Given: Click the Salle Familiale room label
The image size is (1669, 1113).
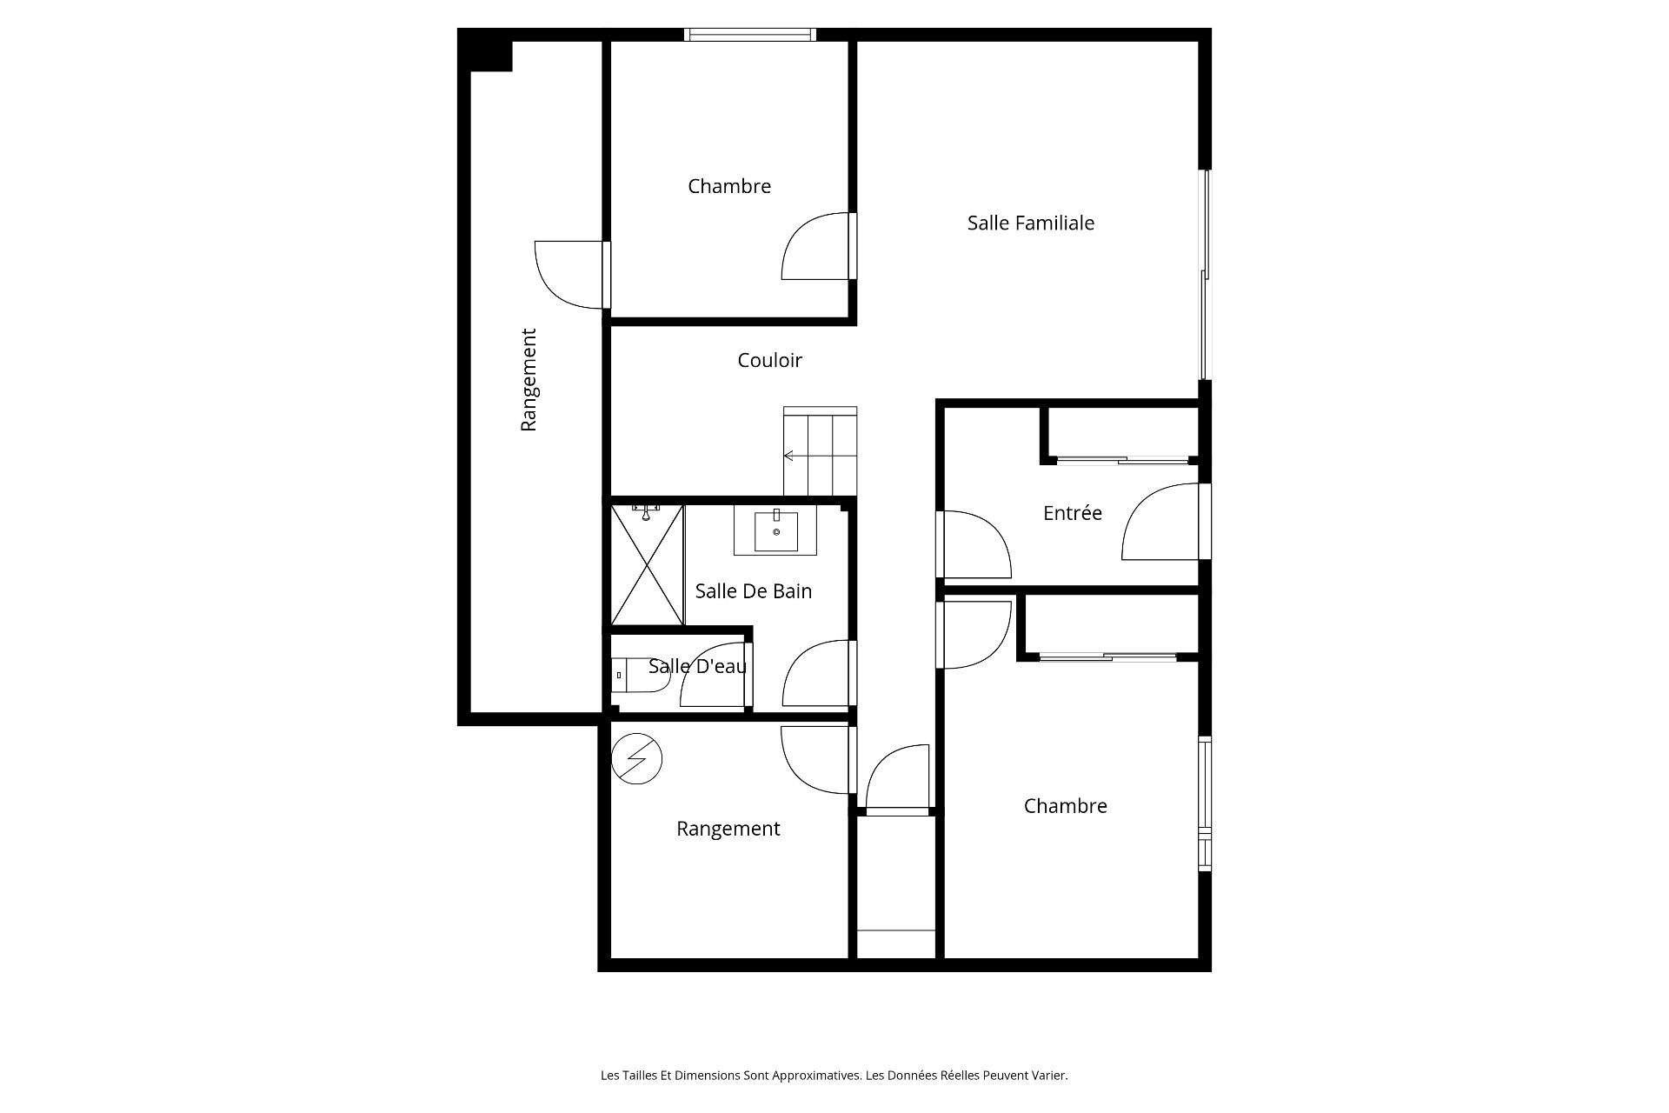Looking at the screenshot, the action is (1030, 223).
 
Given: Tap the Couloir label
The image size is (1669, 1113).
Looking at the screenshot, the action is (769, 360).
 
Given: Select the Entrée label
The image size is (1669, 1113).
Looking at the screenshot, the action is (1072, 513).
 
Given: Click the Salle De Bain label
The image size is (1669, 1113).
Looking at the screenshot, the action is (753, 591).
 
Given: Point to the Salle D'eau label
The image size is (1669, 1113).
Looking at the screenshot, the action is (697, 666).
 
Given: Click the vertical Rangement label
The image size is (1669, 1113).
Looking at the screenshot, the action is (529, 379).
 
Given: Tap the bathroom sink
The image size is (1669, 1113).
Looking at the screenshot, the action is (775, 530).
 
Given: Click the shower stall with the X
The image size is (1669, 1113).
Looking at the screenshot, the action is (647, 564).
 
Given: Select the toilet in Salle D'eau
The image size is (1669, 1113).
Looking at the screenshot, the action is (639, 675).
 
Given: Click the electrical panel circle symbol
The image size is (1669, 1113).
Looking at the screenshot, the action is (636, 759).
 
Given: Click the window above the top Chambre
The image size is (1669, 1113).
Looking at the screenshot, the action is (749, 35).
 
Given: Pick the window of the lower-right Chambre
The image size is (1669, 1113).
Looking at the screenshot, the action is (1205, 803).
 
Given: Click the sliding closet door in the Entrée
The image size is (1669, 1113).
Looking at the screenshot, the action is (1122, 459).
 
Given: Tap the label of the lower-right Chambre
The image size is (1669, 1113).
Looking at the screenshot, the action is (1065, 806).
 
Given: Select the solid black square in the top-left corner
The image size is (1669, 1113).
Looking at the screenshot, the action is (486, 50).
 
